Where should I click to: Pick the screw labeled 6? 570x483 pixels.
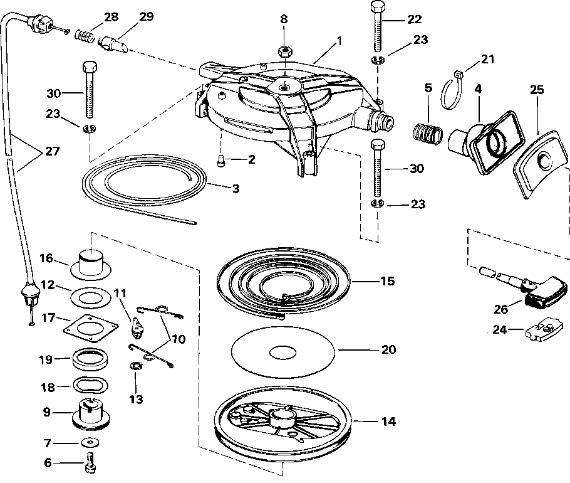(x=90, y=464)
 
